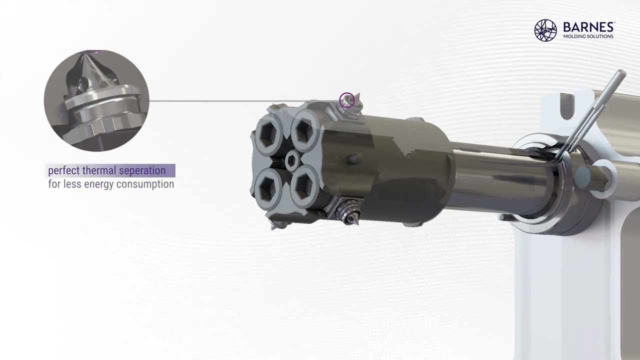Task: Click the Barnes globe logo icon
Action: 545,30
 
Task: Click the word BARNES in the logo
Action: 588,27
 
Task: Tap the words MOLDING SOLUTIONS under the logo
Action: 588,36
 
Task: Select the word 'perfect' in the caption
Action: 63,171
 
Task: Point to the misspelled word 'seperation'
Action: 142,171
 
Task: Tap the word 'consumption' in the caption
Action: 145,184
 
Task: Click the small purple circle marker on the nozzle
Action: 347,100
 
